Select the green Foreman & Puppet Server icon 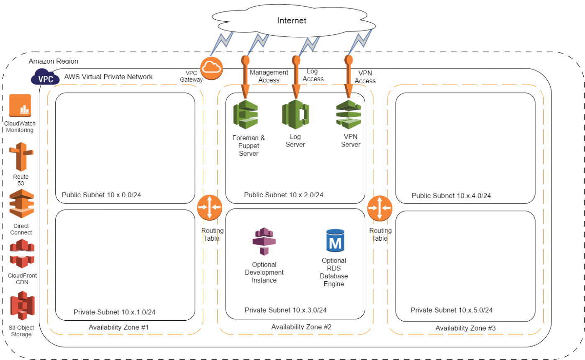[246, 114]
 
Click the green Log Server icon [295, 113]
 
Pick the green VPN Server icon [349, 114]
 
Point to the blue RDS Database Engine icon [335, 240]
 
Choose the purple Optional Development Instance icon [264, 241]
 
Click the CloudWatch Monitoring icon [20, 105]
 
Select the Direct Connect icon [21, 204]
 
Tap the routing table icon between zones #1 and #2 [210, 208]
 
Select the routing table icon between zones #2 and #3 [380, 208]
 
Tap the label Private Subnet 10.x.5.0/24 [452, 310]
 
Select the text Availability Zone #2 [301, 327]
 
